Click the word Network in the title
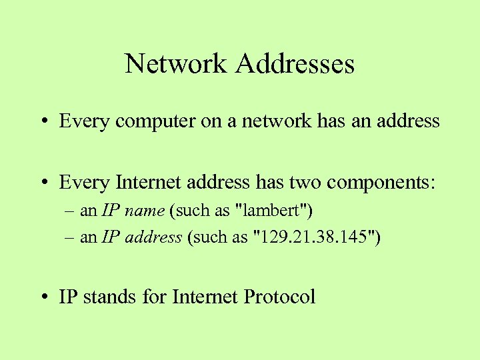click(x=176, y=64)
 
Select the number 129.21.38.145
click(x=317, y=237)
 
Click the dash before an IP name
click(x=71, y=212)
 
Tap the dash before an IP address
click(x=71, y=238)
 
